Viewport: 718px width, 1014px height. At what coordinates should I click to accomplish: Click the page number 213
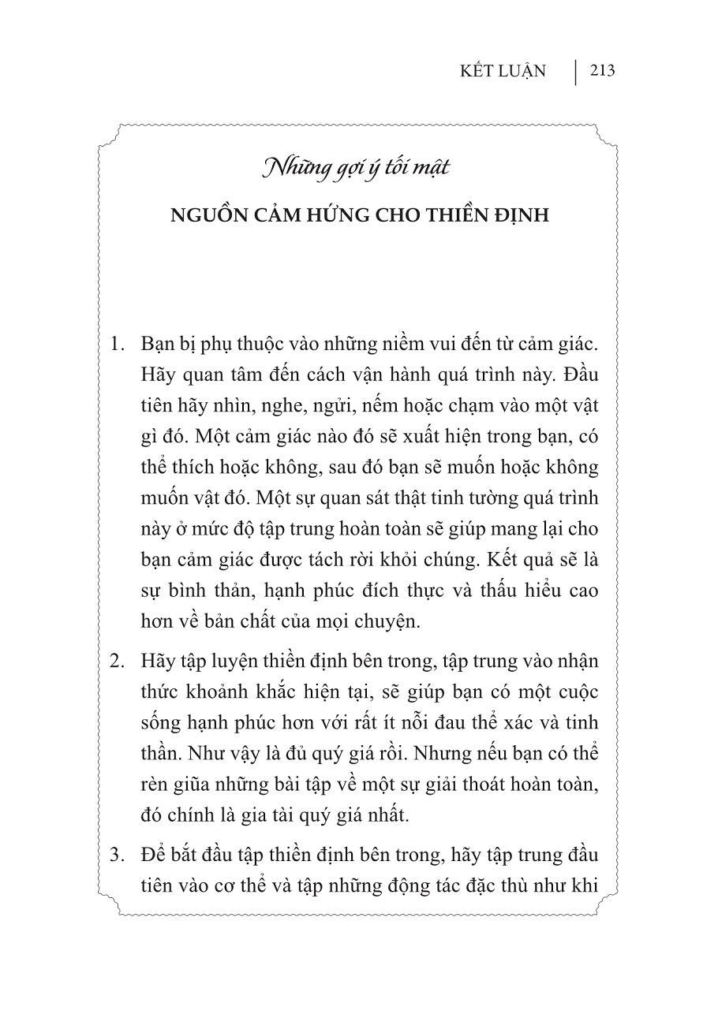(601, 71)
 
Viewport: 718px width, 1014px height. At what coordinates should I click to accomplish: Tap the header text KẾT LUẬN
(503, 72)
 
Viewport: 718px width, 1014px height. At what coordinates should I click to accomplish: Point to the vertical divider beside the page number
(575, 72)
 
